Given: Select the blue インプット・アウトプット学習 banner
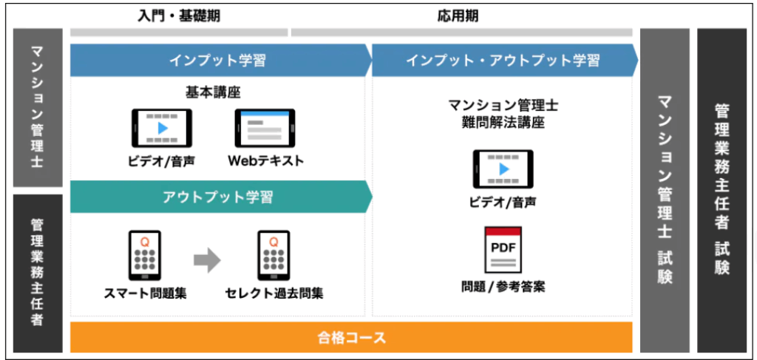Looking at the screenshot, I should click(503, 60).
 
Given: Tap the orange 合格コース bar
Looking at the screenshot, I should click(351, 338).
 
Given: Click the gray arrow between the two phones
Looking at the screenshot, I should click(208, 259).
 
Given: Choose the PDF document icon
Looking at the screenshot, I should click(503, 251).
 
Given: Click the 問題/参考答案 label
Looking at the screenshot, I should click(503, 286).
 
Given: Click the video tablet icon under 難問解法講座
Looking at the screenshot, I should click(503, 168).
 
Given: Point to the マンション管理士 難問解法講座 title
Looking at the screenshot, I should click(503, 114).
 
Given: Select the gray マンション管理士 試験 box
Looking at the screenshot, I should click(665, 191).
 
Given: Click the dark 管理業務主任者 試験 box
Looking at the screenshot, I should click(722, 191).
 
